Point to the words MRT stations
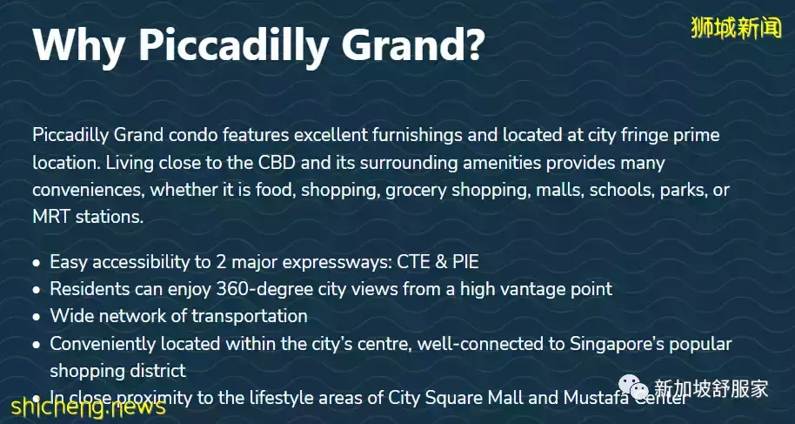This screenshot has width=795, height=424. (87, 217)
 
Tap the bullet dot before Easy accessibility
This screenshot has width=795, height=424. (36, 262)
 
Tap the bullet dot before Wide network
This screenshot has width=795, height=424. (36, 317)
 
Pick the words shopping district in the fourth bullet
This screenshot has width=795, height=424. (117, 370)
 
